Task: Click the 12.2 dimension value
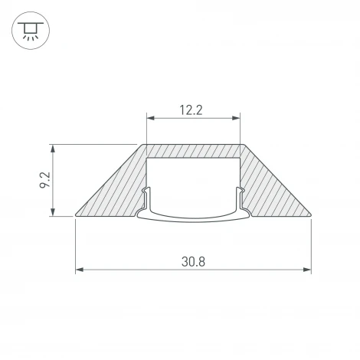[191, 110]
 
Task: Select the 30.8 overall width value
[192, 261]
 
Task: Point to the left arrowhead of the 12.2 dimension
[149, 118]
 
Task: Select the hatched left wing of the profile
[115, 191]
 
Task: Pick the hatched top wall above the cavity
[192, 152]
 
